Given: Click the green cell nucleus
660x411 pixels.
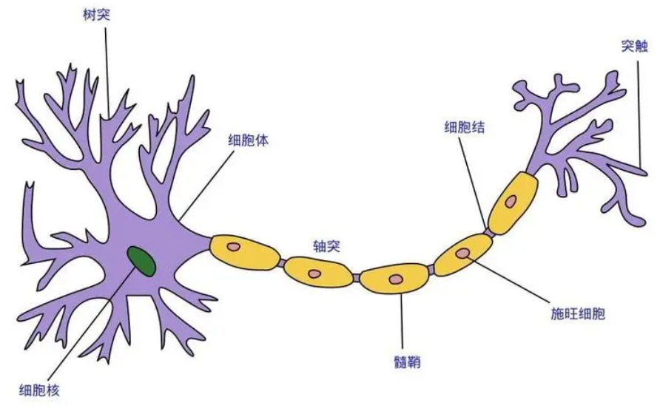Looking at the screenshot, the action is [142, 261].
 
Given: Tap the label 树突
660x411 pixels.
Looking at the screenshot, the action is [97, 16].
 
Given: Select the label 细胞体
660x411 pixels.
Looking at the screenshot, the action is [249, 140].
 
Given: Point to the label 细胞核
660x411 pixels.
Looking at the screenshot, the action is [39, 391].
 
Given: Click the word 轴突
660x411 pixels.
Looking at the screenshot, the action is [326, 246].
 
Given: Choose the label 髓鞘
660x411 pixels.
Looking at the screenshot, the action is [407, 362].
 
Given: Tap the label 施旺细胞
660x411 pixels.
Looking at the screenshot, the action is [577, 314].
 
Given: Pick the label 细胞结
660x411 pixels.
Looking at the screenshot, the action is [464, 127].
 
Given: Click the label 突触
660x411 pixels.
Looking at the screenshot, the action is [634, 46].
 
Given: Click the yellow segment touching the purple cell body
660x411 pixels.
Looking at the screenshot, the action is [246, 251].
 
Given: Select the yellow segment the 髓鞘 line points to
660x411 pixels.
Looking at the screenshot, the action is [395, 278].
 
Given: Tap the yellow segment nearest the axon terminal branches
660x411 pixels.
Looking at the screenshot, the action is [513, 203].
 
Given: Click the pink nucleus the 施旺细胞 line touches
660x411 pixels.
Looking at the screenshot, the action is [463, 253].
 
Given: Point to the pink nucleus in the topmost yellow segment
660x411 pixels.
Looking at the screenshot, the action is [511, 202].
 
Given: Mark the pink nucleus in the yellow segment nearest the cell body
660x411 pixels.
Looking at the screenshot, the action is [233, 247].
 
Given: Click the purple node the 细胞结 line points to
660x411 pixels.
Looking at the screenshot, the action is [488, 232].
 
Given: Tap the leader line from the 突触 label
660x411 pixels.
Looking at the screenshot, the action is [640, 115].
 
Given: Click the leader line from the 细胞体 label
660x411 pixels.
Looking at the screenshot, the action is [206, 186].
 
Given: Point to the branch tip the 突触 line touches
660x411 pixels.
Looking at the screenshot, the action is [643, 171].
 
